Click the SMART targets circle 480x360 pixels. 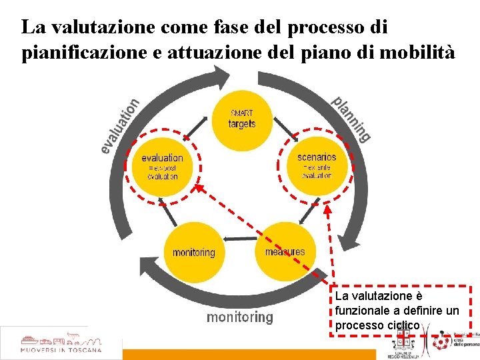pos(241,120)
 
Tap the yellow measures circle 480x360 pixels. pos(285,252)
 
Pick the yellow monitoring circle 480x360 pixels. pos(193,252)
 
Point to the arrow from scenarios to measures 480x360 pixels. pos(309,213)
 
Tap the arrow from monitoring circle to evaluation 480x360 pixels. pos(170,213)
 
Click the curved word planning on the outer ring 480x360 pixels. pos(351,119)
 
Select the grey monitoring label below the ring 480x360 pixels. pos(240,317)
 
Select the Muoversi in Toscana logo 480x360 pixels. pos(61,343)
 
